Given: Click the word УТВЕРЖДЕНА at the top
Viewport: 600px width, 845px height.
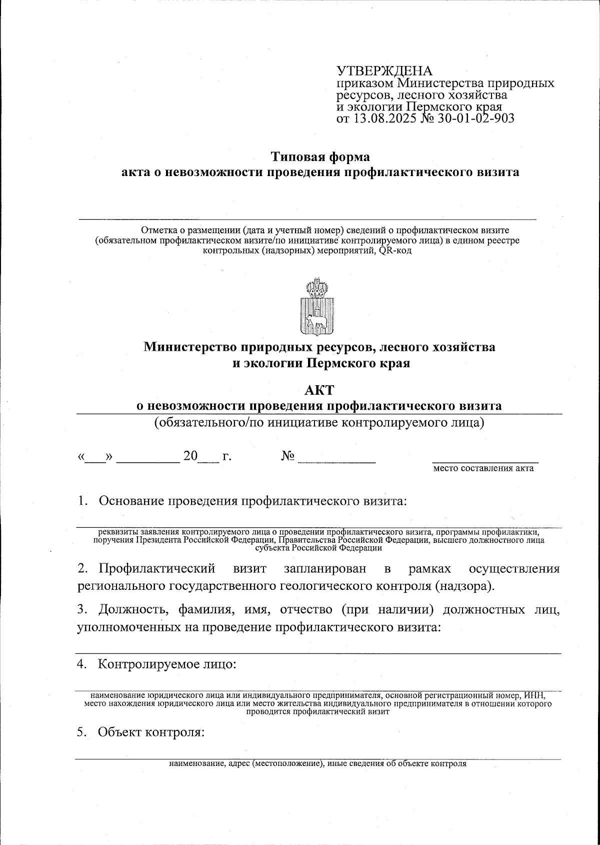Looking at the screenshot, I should tap(384, 71).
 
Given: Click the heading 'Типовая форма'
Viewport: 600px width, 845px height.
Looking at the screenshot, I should tap(320, 157).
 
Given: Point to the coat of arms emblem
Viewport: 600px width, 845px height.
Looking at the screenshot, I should tap(317, 308).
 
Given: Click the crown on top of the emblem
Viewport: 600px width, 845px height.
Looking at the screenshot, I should tap(317, 287).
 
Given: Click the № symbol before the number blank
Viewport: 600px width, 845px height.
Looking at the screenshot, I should tap(288, 456).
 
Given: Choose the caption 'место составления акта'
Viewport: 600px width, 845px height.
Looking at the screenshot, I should tap(483, 468).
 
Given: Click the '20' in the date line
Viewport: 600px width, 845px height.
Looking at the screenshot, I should tap(190, 456).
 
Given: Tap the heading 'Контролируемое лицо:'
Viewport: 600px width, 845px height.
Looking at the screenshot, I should tap(167, 664).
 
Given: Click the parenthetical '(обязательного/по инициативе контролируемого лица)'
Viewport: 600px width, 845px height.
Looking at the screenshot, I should tap(319, 423).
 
